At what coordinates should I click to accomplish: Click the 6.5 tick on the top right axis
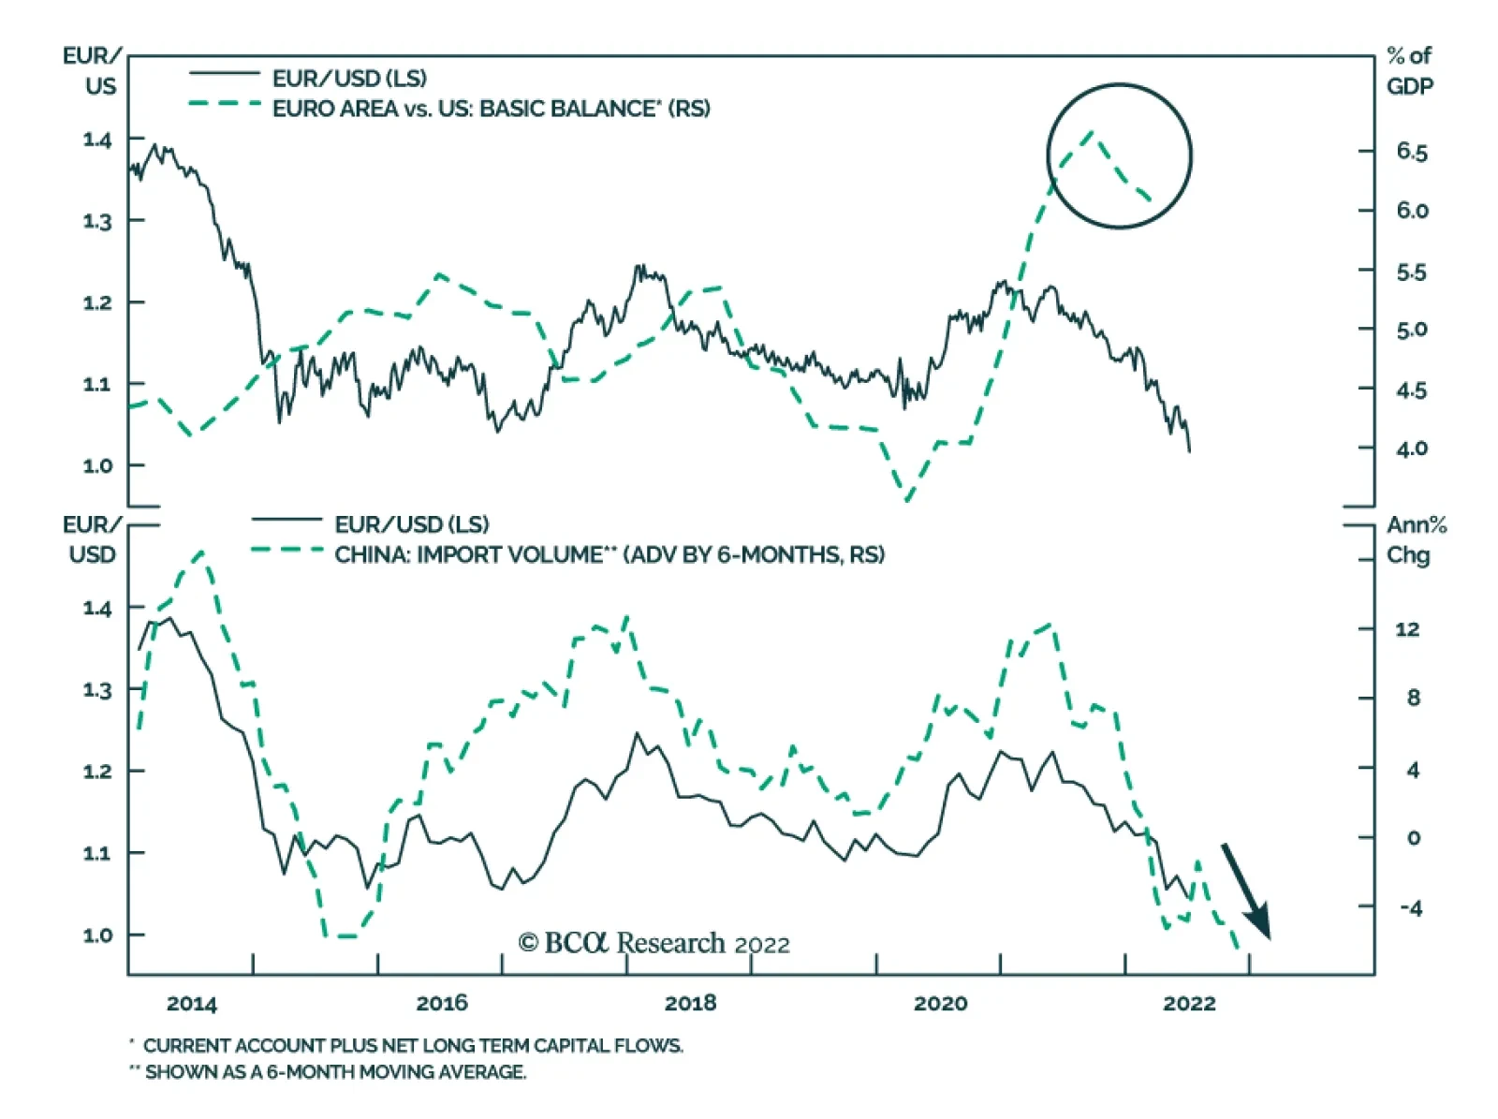click(1411, 152)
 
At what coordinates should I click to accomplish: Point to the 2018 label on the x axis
click(690, 1003)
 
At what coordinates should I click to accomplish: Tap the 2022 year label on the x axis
click(1189, 1003)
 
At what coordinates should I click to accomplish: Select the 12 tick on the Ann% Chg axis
click(1406, 629)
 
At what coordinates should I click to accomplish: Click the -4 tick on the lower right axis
click(1409, 907)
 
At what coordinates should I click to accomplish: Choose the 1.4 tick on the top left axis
click(97, 140)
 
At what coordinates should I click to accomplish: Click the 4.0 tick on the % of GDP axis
click(1411, 449)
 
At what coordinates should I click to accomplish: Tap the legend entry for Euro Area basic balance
click(491, 109)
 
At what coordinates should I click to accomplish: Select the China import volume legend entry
click(609, 554)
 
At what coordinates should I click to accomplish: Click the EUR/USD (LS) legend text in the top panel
click(349, 78)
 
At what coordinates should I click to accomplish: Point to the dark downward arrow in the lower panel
click(1246, 891)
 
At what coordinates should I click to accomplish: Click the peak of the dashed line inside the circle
click(1092, 132)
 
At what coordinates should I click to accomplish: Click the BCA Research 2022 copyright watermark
click(654, 942)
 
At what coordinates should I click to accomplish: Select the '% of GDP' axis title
click(1409, 70)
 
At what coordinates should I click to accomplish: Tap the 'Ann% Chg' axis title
click(1415, 539)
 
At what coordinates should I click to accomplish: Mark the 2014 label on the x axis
click(191, 1003)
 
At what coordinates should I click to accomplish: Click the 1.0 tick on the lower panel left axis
click(97, 935)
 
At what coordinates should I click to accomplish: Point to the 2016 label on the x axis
click(441, 1003)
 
